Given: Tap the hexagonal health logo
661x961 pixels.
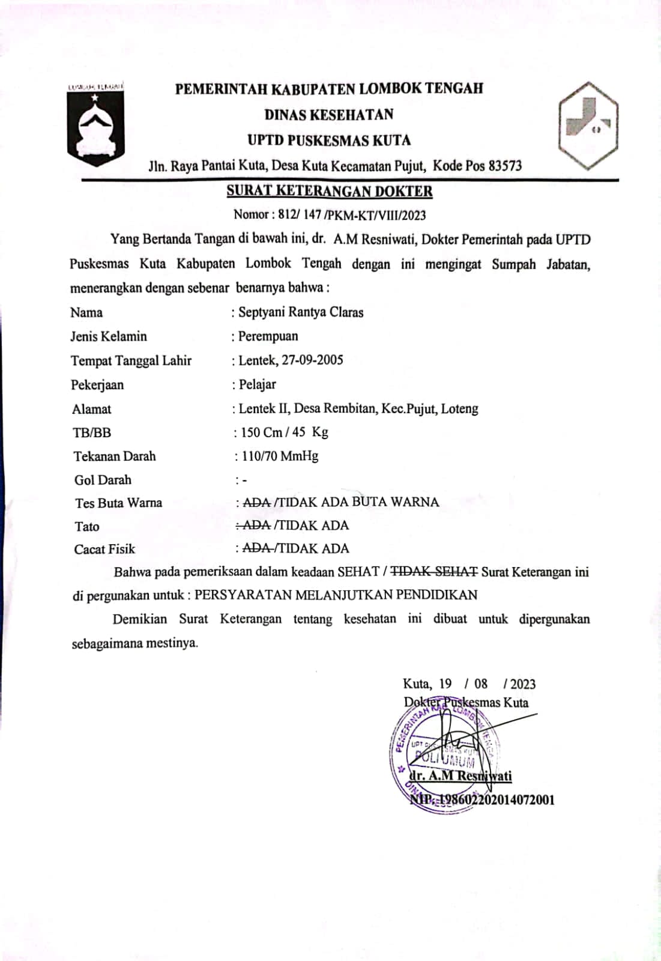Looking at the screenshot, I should [x=588, y=126].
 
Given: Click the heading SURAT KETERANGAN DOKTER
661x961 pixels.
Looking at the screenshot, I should [x=329, y=192].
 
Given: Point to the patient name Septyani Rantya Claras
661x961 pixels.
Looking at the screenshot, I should [x=301, y=312].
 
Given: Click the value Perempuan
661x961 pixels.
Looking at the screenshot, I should [x=268, y=336].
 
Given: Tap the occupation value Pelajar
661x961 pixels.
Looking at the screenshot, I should [x=258, y=384].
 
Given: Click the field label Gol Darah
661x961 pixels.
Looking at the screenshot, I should [x=103, y=480].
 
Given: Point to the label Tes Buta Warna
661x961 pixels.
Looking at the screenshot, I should [x=118, y=503].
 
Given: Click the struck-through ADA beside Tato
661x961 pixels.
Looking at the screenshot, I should [x=255, y=525].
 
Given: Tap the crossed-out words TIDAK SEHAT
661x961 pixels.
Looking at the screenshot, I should [x=434, y=572].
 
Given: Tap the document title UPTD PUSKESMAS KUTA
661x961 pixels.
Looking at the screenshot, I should [x=329, y=141].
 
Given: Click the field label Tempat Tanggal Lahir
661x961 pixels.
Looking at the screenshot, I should [x=131, y=361].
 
